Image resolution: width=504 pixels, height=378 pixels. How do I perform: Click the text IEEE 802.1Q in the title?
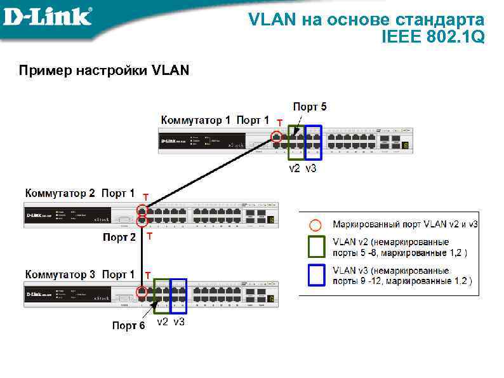pos(433,37)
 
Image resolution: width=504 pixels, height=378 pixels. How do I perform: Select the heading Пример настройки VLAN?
pos(104,70)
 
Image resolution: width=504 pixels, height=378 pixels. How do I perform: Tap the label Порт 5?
pos(310,107)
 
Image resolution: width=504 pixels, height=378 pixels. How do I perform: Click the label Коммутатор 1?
pos(196,119)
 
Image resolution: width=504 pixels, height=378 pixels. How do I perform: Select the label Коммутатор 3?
pos(60,274)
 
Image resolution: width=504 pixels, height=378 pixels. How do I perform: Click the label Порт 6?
pos(128,325)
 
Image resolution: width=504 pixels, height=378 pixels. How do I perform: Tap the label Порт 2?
pos(119,238)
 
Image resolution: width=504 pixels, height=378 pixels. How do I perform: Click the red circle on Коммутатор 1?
pos(276,137)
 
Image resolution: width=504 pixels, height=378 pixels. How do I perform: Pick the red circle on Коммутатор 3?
pos(142,292)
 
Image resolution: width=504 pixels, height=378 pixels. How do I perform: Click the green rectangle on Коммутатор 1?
pos(296,142)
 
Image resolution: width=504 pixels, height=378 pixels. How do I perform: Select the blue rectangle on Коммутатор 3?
pos(178,295)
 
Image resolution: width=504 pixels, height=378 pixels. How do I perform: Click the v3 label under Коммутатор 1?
pos(310,169)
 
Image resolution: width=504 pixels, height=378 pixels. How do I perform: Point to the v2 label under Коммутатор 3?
pos(163,322)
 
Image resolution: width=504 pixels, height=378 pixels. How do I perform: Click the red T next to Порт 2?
pos(149,236)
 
